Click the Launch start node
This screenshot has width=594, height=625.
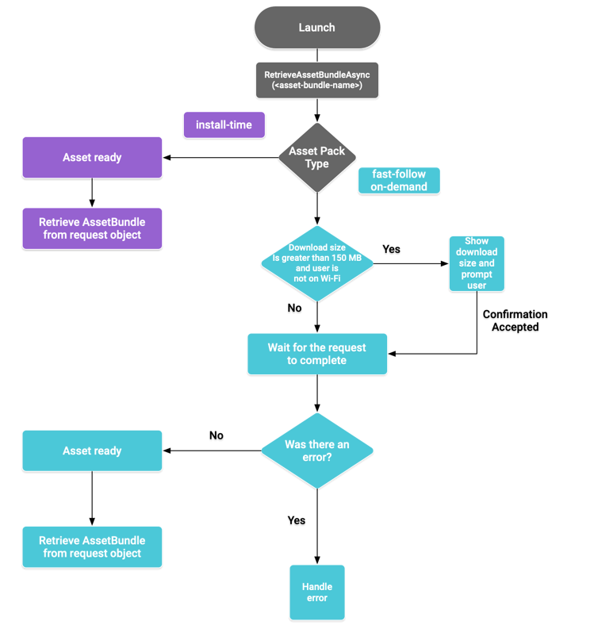pyautogui.click(x=317, y=28)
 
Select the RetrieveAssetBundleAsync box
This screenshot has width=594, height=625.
pyautogui.click(x=317, y=80)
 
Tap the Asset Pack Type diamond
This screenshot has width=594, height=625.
pyautogui.click(x=317, y=157)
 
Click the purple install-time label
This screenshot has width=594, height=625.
pyautogui.click(x=224, y=125)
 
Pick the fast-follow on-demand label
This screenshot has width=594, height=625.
pyautogui.click(x=399, y=181)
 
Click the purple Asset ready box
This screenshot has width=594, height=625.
pyautogui.click(x=92, y=157)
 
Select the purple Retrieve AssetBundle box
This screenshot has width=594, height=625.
pyautogui.click(x=92, y=228)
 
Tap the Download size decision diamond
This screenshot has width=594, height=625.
pyautogui.click(x=317, y=263)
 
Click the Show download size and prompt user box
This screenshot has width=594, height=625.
pyautogui.click(x=477, y=263)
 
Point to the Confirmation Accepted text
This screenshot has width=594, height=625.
pyautogui.click(x=515, y=320)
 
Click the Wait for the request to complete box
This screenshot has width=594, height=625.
pyautogui.click(x=317, y=354)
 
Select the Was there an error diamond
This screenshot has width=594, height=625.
pyautogui.click(x=317, y=451)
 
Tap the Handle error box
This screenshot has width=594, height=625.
pyautogui.click(x=317, y=592)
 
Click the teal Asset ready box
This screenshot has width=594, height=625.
pyautogui.click(x=92, y=451)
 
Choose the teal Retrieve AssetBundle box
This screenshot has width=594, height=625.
pyautogui.click(x=92, y=546)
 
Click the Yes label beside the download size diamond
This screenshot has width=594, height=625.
pyautogui.click(x=391, y=249)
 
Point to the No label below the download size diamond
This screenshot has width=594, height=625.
pyautogui.click(x=294, y=308)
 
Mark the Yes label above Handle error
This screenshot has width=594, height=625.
pyautogui.click(x=296, y=520)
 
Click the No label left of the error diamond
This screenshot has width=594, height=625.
pyautogui.click(x=216, y=435)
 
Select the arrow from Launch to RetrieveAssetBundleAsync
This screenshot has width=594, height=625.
pyautogui.click(x=317, y=55)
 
